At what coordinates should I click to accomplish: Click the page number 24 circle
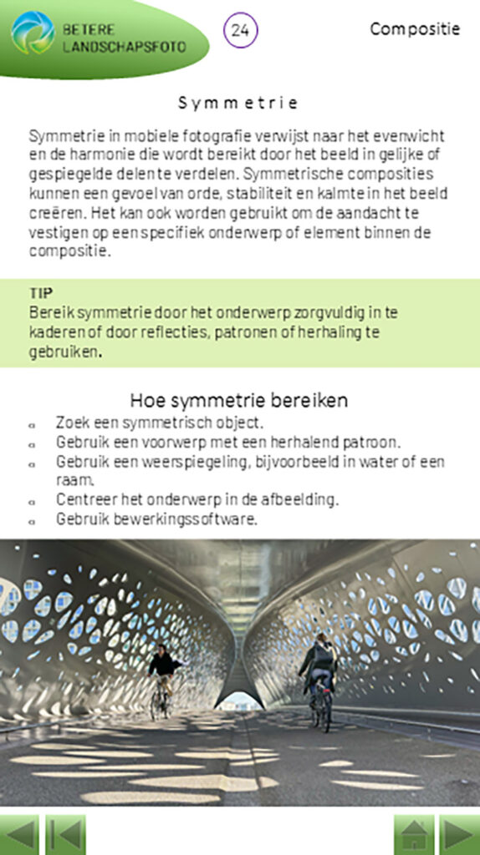pyautogui.click(x=241, y=30)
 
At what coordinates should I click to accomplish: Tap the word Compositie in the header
pyautogui.click(x=415, y=29)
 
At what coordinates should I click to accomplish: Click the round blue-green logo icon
pyautogui.click(x=33, y=33)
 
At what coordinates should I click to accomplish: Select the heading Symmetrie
pyautogui.click(x=239, y=103)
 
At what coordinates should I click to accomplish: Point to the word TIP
pyautogui.click(x=41, y=292)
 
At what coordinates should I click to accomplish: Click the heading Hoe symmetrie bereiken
pyautogui.click(x=239, y=400)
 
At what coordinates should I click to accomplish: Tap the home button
pyautogui.click(x=414, y=834)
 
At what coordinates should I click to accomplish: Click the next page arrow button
pyautogui.click(x=459, y=834)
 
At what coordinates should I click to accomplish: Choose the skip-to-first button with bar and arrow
pyautogui.click(x=64, y=834)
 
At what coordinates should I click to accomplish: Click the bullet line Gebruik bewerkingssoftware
pyautogui.click(x=156, y=519)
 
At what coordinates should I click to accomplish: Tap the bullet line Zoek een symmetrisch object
pyautogui.click(x=160, y=422)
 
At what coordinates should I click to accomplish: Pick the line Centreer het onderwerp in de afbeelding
pyautogui.click(x=197, y=499)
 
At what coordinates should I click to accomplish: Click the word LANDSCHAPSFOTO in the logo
pyautogui.click(x=125, y=47)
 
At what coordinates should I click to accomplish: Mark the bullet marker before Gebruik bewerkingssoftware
pyautogui.click(x=32, y=519)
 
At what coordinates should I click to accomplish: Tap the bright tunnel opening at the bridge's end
pyautogui.click(x=241, y=700)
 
